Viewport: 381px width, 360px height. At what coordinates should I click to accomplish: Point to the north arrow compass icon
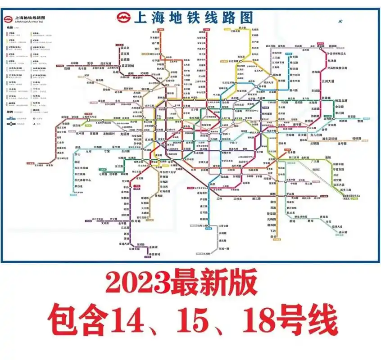(x=341, y=21)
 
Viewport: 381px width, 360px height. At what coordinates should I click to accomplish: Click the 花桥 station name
(x=68, y=68)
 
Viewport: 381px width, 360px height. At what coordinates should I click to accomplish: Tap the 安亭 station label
(x=90, y=63)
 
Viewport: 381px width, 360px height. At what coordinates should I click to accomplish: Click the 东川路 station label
(x=137, y=221)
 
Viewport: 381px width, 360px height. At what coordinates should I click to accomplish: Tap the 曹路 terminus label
(x=359, y=121)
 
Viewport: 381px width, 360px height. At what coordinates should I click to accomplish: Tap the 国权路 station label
(x=277, y=75)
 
